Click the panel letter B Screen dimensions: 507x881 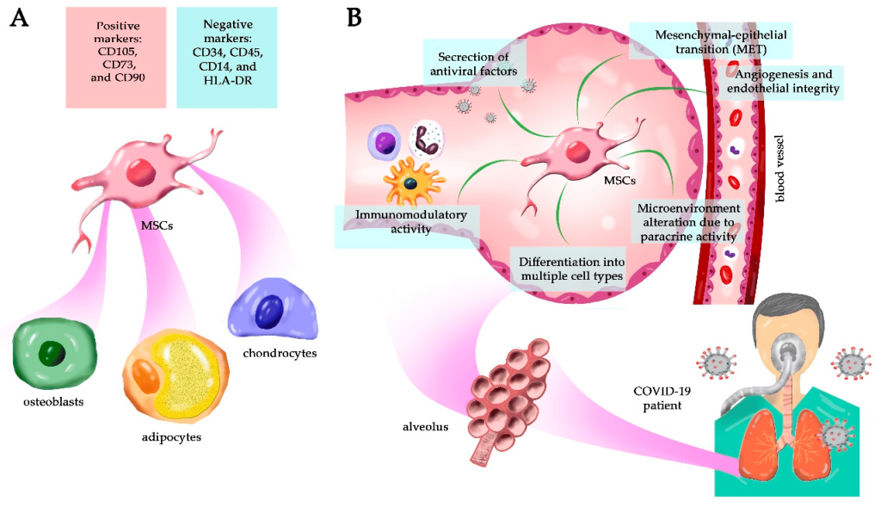tap(354, 16)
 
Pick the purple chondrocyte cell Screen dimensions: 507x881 tap(273, 311)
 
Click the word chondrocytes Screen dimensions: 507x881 tap(279, 353)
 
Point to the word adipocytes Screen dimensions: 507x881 tap(171, 437)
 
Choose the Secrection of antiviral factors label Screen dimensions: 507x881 tap(474, 64)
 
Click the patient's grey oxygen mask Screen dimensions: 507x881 tap(789, 351)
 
